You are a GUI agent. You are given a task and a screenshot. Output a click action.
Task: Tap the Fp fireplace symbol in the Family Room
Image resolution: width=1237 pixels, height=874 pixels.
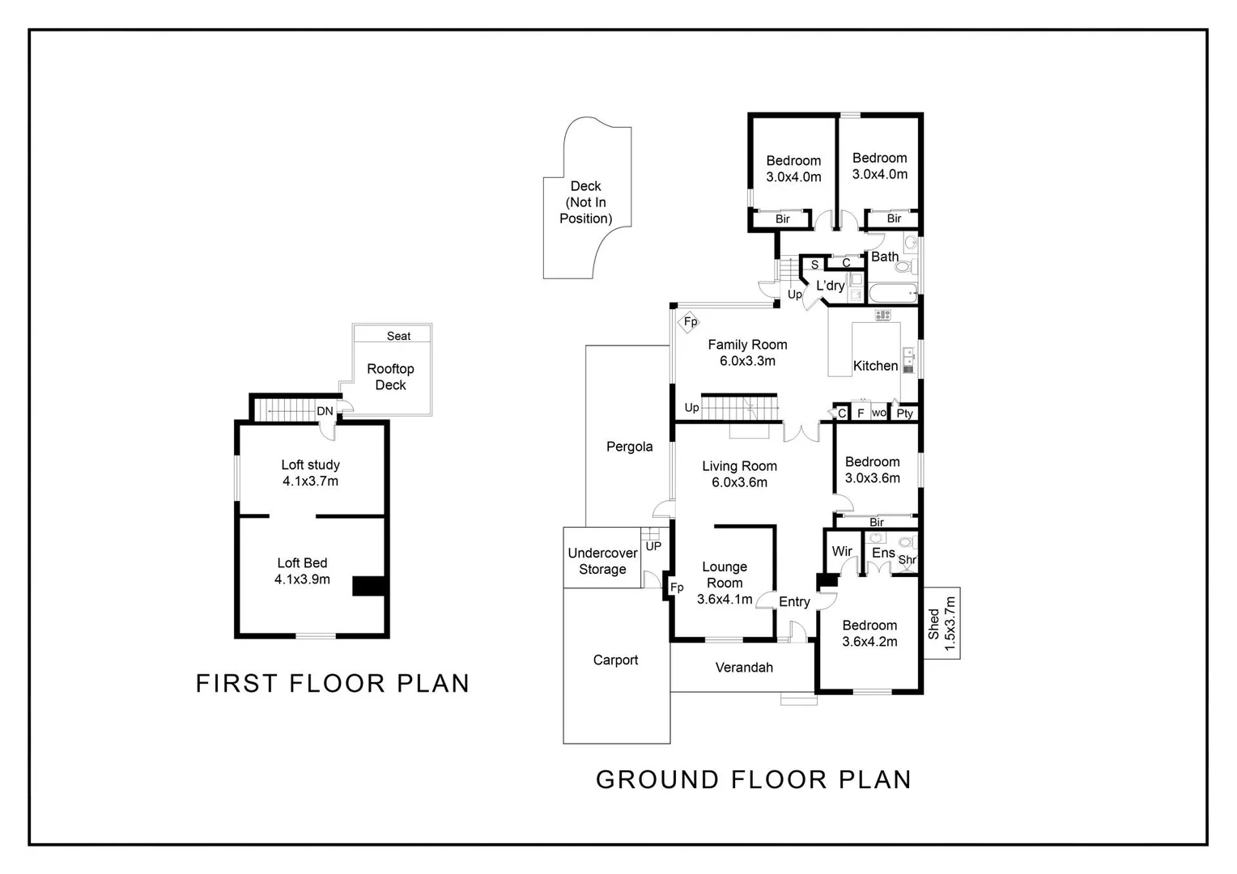[x=690, y=322]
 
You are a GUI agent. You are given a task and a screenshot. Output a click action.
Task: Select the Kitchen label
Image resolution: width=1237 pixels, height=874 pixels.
[x=875, y=366]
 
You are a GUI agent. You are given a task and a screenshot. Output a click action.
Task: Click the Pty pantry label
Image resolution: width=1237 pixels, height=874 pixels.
[x=904, y=414]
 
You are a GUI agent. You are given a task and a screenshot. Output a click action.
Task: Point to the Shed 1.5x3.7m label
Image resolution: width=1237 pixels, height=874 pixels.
[x=942, y=624]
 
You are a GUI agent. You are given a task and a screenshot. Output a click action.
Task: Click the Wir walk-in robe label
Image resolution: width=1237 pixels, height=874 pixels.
[x=842, y=551]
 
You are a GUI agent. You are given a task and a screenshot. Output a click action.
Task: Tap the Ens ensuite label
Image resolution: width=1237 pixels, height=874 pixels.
[x=882, y=553]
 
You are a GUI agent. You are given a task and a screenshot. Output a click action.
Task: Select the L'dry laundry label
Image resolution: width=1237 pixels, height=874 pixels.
[x=830, y=286]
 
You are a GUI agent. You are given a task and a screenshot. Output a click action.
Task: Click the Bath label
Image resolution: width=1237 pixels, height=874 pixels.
[x=884, y=257]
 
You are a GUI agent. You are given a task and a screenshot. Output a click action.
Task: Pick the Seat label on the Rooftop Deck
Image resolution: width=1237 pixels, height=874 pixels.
[x=398, y=336]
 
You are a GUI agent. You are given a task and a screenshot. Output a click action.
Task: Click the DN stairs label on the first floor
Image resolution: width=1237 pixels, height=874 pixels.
[x=325, y=411]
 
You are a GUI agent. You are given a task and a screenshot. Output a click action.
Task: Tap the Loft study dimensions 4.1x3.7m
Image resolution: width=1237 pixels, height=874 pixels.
[x=310, y=482]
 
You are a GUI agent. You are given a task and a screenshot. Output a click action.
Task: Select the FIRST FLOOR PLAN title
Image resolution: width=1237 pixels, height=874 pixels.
[x=333, y=683]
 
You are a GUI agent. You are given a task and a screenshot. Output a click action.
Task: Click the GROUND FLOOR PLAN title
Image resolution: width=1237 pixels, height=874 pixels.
[x=754, y=779]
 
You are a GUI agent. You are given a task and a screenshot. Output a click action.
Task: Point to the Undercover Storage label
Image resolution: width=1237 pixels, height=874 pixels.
[x=602, y=561]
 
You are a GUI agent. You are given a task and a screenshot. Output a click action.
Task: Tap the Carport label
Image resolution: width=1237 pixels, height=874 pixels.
[x=615, y=660]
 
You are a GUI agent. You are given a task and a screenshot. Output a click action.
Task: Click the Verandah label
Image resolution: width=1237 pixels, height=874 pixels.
[x=744, y=668]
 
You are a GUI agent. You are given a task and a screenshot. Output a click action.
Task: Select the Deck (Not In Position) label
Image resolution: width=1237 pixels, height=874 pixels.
[x=585, y=202]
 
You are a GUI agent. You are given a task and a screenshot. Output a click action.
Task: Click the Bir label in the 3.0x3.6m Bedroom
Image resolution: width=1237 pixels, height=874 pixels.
[x=876, y=522]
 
